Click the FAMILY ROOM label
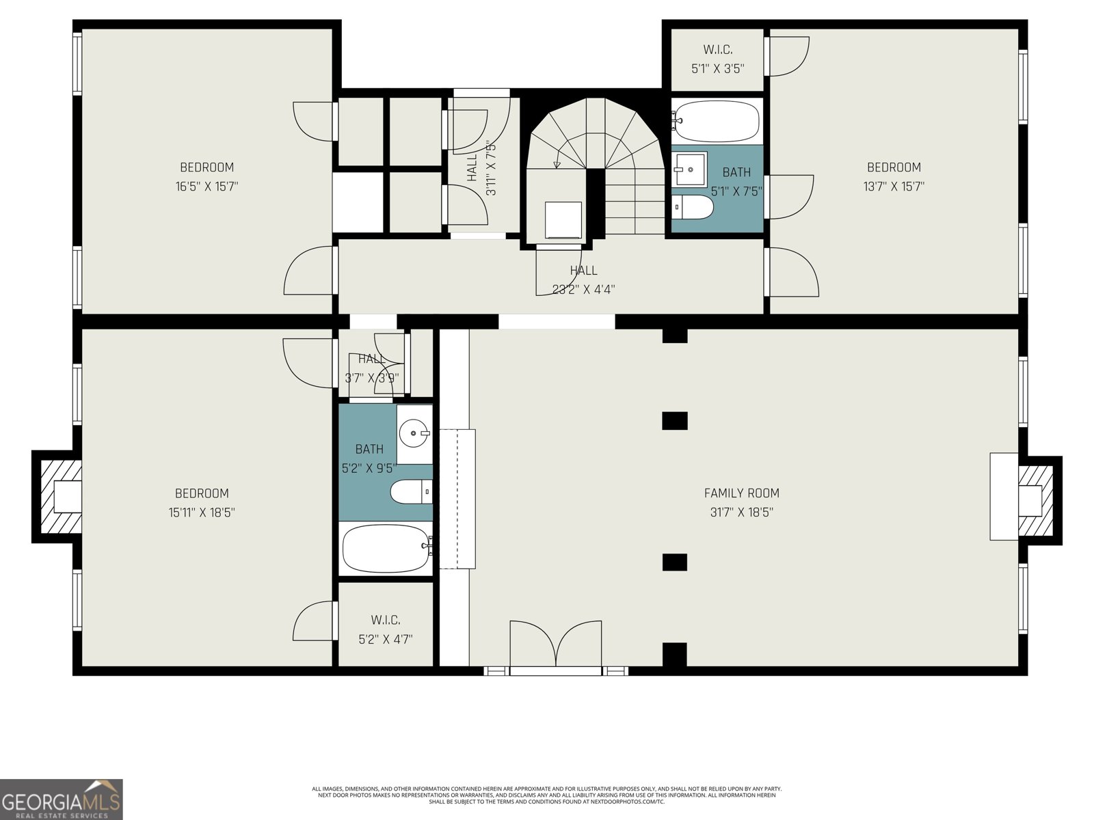[x=741, y=493]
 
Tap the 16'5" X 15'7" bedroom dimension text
[x=206, y=186]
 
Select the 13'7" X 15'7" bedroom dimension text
[x=894, y=186]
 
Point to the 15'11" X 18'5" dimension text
[x=202, y=512]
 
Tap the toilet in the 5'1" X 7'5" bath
[x=693, y=207]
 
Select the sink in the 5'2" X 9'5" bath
[x=415, y=433]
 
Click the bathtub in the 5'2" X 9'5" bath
[x=385, y=549]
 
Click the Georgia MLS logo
[x=62, y=799]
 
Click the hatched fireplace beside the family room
[x=1035, y=500]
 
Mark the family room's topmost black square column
[x=674, y=336]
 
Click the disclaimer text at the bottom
[x=546, y=795]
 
